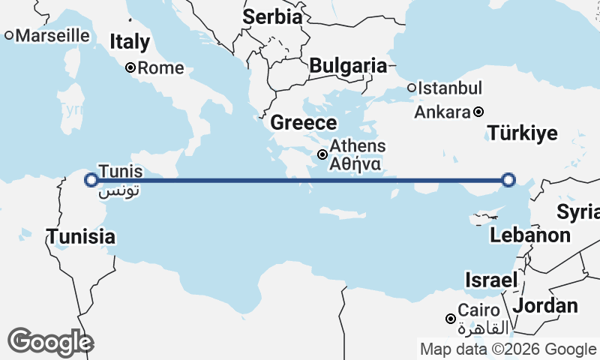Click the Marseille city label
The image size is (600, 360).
tap(52, 35)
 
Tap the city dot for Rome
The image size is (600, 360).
tap(130, 67)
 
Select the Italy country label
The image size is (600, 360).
tap(130, 42)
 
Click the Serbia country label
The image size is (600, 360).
tap(272, 16)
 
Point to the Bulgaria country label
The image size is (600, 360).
tap(348, 65)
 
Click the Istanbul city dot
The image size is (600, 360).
tap(412, 88)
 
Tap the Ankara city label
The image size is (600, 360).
tap(442, 112)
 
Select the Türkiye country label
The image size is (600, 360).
tap(523, 133)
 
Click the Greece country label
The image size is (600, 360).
tap(304, 123)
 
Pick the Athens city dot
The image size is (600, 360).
tap(322, 154)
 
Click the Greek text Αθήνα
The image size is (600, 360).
tap(356, 163)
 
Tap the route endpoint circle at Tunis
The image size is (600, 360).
tap(91, 180)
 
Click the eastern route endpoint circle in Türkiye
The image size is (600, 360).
tap(508, 180)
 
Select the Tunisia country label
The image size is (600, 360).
tap(81, 237)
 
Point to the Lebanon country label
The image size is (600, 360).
tap(530, 235)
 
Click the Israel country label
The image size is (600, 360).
tap(491, 280)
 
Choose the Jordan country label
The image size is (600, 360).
tap(545, 305)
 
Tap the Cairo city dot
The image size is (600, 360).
tap(450, 319)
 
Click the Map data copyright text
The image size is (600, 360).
tap(508, 349)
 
